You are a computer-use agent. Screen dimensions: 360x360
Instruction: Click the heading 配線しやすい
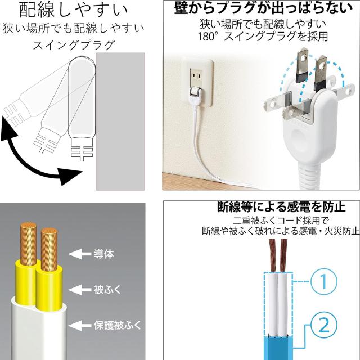tap(73, 10)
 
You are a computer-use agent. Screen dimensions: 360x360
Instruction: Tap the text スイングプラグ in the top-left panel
tap(73, 44)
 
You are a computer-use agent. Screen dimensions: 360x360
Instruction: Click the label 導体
tap(103, 254)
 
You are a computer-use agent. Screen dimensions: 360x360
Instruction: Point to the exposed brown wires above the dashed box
tap(280, 256)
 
